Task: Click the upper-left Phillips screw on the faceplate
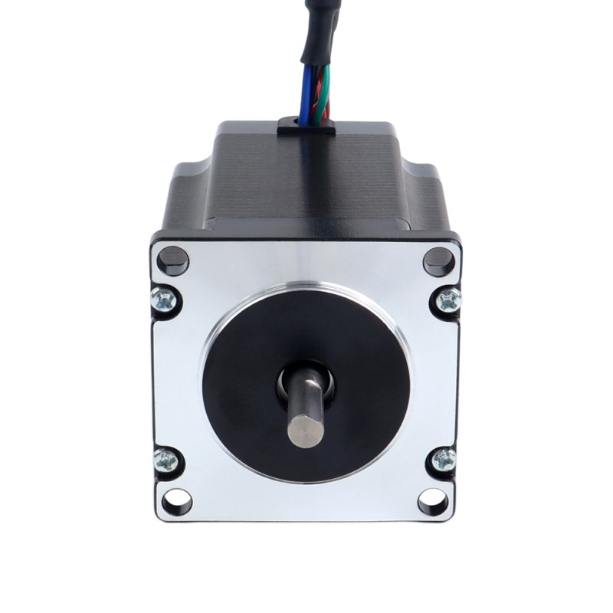tap(164, 299)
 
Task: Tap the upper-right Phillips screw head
tap(449, 300)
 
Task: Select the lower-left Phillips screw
tap(165, 461)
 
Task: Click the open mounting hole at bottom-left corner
tap(177, 502)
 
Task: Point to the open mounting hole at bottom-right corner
tap(433, 502)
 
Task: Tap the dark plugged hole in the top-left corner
tap(173, 261)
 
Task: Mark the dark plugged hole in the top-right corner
tap(438, 261)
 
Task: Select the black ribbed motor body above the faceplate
tap(306, 184)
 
